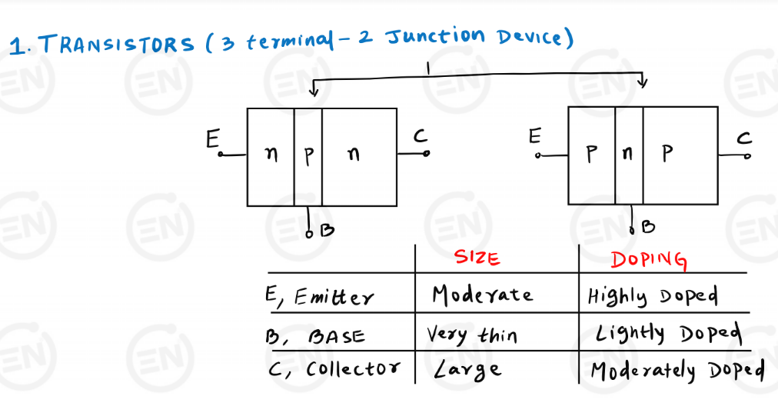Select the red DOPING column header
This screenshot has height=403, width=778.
click(x=648, y=259)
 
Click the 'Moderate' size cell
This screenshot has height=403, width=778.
click(x=482, y=295)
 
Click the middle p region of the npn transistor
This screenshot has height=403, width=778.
click(x=308, y=155)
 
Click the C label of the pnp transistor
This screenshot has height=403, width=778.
click(x=744, y=138)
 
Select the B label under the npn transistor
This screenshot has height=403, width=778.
click(x=326, y=229)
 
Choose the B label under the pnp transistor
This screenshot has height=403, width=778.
click(x=648, y=227)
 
